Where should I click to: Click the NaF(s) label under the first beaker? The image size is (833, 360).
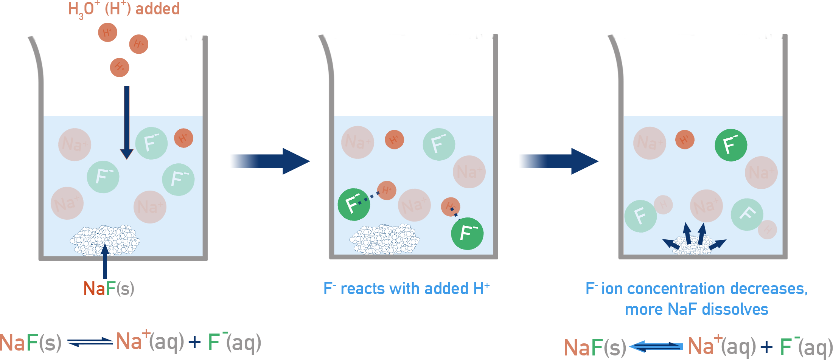point(109,289)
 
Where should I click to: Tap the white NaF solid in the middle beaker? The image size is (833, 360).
point(384,239)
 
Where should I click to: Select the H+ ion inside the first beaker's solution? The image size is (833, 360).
point(183,138)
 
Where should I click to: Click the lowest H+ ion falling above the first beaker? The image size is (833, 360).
point(120,67)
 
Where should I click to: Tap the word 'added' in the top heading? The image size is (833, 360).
point(157,9)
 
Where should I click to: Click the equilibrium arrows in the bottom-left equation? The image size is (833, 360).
point(90,342)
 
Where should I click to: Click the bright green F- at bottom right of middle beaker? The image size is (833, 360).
point(467,233)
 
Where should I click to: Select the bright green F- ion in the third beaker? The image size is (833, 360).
point(730,145)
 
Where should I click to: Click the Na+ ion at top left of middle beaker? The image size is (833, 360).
point(357,142)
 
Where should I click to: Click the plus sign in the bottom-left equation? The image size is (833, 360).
point(194,343)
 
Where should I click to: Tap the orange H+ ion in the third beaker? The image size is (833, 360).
point(684,140)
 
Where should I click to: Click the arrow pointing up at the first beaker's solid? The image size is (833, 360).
point(105,261)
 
